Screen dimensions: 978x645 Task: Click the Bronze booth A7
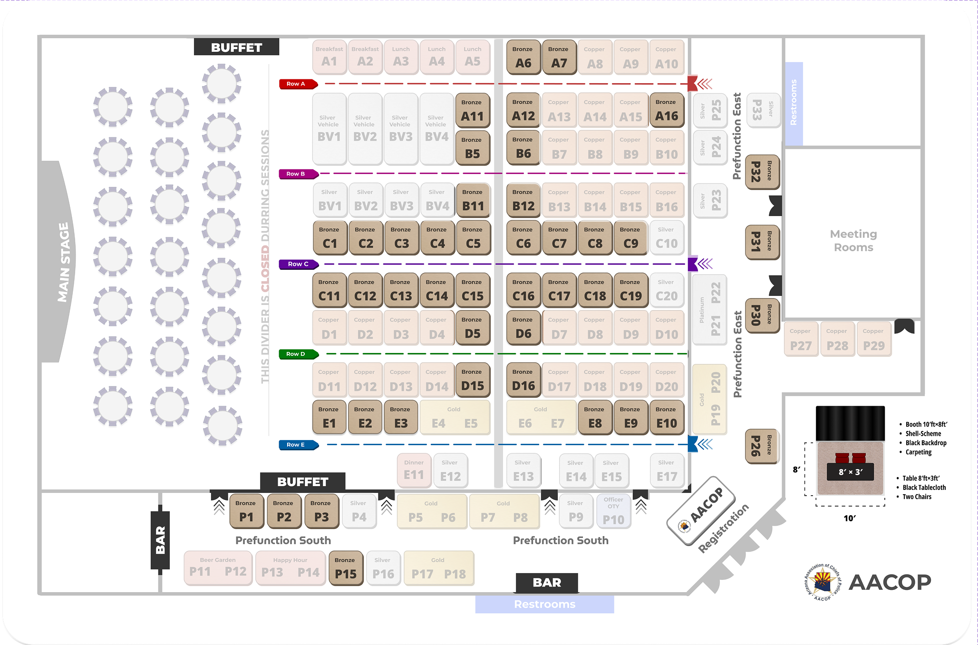pyautogui.click(x=559, y=58)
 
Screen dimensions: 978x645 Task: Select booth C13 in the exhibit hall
pyautogui.click(x=401, y=290)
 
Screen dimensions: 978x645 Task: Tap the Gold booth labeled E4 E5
pyautogui.click(x=455, y=418)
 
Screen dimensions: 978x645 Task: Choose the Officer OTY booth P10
pyautogui.click(x=613, y=512)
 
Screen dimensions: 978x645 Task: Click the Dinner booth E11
pyautogui.click(x=414, y=470)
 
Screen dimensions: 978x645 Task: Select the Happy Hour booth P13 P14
pyautogui.click(x=290, y=567)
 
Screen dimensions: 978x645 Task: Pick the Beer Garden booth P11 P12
pyautogui.click(x=218, y=567)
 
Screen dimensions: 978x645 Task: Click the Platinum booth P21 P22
pyautogui.click(x=709, y=310)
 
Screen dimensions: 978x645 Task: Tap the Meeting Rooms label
pyautogui.click(x=853, y=241)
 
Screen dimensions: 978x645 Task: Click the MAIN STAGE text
pyautogui.click(x=64, y=262)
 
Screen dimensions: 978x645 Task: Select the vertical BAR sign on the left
pyautogui.click(x=160, y=540)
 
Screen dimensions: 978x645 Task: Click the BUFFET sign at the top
pyautogui.click(x=236, y=48)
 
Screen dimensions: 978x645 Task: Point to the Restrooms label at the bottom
pyautogui.click(x=544, y=605)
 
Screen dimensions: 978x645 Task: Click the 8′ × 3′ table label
pyautogui.click(x=850, y=472)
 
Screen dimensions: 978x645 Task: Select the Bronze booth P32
pyautogui.click(x=762, y=172)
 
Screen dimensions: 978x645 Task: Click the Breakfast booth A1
pyautogui.click(x=329, y=58)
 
